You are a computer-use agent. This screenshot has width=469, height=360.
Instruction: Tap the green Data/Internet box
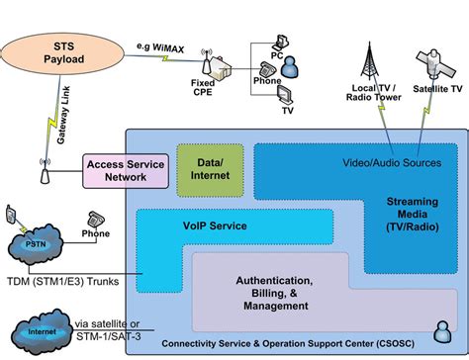pos(209,168)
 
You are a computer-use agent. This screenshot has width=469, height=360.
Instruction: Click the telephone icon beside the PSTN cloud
pos(96,219)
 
